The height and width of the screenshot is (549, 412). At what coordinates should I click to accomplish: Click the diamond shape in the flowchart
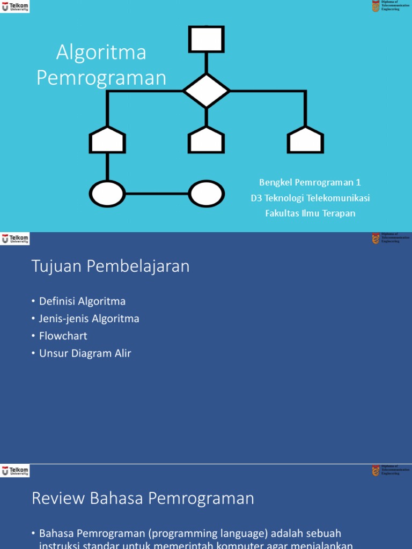[x=207, y=91]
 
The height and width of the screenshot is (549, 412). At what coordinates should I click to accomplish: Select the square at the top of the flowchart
[x=207, y=39]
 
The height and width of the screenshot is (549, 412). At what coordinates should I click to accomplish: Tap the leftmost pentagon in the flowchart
[x=107, y=140]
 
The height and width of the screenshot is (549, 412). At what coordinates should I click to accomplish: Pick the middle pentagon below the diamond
[x=207, y=140]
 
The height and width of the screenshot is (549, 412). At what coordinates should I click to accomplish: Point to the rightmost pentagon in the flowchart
[x=305, y=140]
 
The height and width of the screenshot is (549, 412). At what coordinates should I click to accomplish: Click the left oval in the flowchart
[x=107, y=194]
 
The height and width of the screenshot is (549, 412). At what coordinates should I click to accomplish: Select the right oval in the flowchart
[x=207, y=194]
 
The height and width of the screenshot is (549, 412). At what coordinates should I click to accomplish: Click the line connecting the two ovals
[x=157, y=194]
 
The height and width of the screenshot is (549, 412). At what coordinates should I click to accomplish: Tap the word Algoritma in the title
[x=101, y=53]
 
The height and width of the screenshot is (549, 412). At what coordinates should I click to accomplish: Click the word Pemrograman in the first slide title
[x=101, y=78]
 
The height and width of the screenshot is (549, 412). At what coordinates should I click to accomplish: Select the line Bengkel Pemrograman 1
[x=310, y=182]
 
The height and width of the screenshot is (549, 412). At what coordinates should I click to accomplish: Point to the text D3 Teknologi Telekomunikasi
[x=310, y=198]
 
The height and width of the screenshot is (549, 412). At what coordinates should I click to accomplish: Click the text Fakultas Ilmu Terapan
[x=310, y=213]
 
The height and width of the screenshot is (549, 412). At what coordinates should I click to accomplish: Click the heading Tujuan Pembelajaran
[x=111, y=266]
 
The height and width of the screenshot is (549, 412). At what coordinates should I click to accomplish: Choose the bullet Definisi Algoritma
[x=82, y=301]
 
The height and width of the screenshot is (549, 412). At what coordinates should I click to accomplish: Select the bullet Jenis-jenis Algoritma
[x=89, y=318]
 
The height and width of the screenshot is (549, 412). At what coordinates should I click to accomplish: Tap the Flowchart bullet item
[x=63, y=336]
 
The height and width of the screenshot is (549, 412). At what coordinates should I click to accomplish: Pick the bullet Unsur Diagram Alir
[x=85, y=353]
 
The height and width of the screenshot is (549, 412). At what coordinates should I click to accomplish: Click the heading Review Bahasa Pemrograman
[x=143, y=499]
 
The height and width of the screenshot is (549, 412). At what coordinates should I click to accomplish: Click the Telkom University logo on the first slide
[x=16, y=6]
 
